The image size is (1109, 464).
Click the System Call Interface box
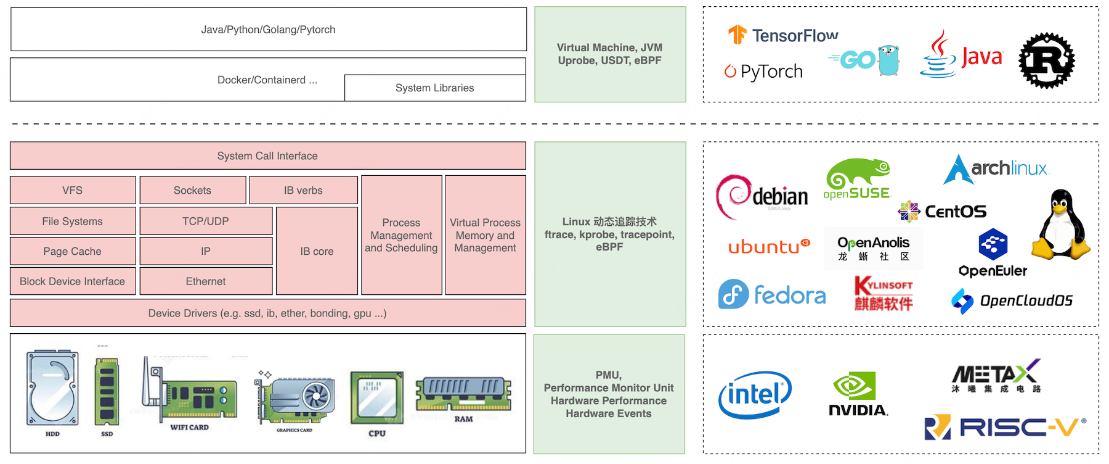tap(267, 156)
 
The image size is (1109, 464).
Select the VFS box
tap(73, 190)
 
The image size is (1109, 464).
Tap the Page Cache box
tap(73, 251)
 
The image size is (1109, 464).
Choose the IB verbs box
tap(303, 190)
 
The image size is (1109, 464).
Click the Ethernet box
tap(206, 281)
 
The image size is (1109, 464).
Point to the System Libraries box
tap(435, 88)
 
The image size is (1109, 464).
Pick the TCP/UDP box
tap(206, 221)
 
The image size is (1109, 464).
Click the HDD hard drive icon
tap(52, 387)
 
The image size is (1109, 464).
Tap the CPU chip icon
tap(377, 397)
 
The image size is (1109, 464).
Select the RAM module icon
tap(463, 395)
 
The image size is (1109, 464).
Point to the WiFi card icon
tap(189, 392)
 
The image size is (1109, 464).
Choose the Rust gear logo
tap(1046, 60)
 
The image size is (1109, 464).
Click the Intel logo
tap(755, 395)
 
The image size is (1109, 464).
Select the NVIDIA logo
tap(858, 395)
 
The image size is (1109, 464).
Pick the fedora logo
tap(772, 295)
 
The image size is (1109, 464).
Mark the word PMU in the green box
tap(608, 375)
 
